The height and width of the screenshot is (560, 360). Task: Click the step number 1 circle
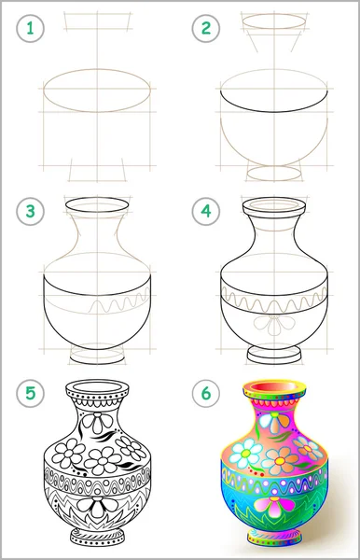31,29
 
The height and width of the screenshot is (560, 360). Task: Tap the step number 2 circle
206,29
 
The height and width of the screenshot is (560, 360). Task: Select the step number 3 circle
31,211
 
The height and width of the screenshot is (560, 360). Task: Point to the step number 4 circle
206,211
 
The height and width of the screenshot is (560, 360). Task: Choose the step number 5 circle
31,394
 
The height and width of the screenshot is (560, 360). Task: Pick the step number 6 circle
206,394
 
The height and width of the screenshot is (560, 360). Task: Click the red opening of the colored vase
274,386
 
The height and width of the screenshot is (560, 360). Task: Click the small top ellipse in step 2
274,21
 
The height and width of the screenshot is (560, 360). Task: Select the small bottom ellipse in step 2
274,174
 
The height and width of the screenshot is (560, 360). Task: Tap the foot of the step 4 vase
274,355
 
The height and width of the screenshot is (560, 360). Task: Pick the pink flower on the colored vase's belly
272,506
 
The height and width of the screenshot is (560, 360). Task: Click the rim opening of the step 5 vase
97,386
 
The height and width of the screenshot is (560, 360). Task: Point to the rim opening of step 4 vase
274,204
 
